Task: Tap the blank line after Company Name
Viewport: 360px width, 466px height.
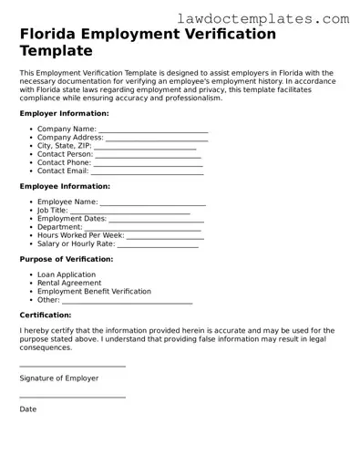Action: (153, 131)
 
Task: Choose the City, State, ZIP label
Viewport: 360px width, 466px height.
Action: (65, 146)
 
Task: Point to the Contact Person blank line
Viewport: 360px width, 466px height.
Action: (148, 156)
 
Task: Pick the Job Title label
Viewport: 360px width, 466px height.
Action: (53, 210)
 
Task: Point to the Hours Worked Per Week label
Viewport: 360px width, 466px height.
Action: (80, 234)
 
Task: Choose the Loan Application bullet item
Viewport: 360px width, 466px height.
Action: (66, 274)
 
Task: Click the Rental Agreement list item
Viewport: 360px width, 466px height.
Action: (69, 283)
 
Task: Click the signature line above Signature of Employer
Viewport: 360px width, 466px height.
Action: (72, 366)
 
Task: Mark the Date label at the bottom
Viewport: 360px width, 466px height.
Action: (28, 409)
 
